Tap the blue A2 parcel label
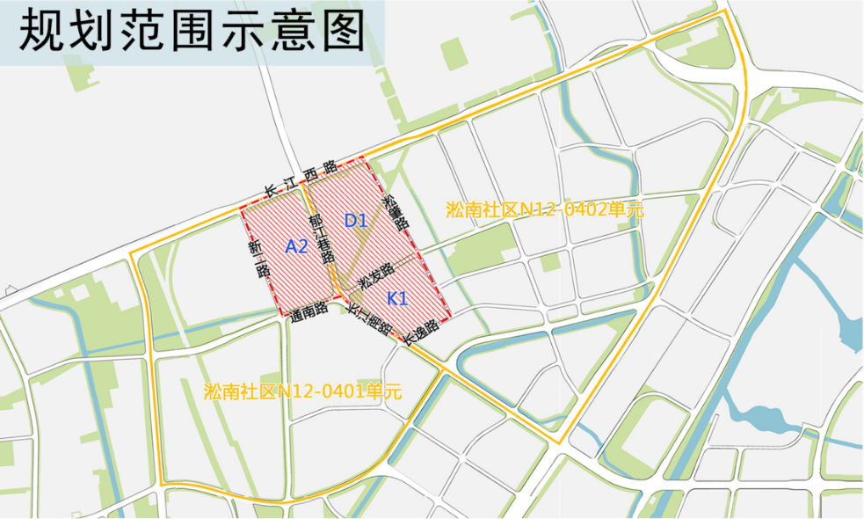pos(296,247)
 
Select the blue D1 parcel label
pos(355,221)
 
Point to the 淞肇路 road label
pos(397,211)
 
